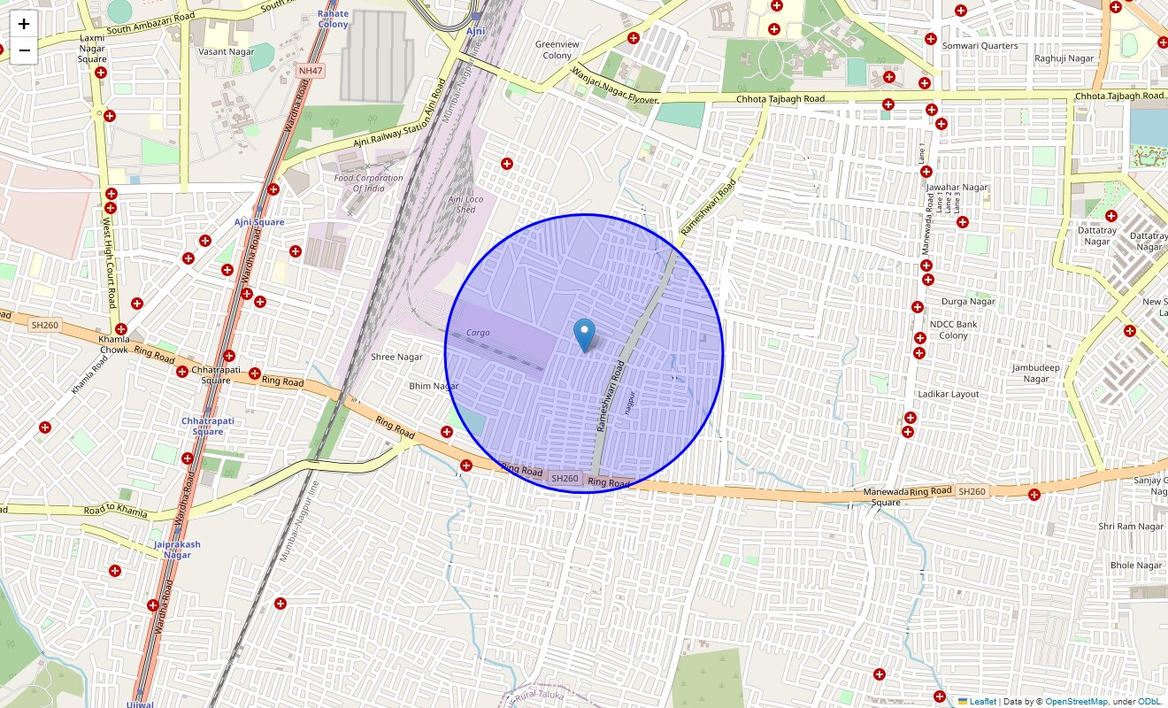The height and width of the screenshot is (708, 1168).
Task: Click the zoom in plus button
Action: point(24,24)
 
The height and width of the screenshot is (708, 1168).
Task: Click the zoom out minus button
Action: point(24,50)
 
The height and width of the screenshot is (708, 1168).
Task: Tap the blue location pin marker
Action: point(584,335)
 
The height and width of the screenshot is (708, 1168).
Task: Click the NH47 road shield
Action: point(311,70)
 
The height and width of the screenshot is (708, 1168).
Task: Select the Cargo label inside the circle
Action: point(478,333)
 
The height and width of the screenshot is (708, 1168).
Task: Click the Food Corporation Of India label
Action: point(368,183)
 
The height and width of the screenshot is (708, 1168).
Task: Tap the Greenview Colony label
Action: point(557,50)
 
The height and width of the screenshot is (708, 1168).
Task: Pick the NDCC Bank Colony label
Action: point(953,330)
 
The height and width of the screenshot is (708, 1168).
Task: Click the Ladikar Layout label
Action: point(949,394)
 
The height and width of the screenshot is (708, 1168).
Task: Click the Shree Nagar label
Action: point(396,358)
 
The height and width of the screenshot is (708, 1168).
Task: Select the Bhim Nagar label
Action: point(434,387)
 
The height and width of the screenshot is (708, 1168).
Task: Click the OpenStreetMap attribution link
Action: point(1076,702)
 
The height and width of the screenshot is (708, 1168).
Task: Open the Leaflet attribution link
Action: point(982,702)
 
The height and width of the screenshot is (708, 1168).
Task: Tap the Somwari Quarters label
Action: point(980,46)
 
